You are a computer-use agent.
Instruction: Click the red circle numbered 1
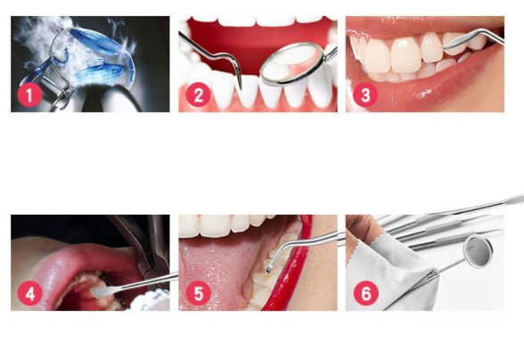29,95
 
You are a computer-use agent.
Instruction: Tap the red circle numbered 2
198,95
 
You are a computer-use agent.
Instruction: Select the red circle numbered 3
365,95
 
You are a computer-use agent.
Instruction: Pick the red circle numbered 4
30,294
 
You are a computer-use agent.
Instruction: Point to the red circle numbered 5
199,294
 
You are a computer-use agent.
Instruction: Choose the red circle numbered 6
366,293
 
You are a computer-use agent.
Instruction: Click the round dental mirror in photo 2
291,64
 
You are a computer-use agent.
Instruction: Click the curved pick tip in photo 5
268,269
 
